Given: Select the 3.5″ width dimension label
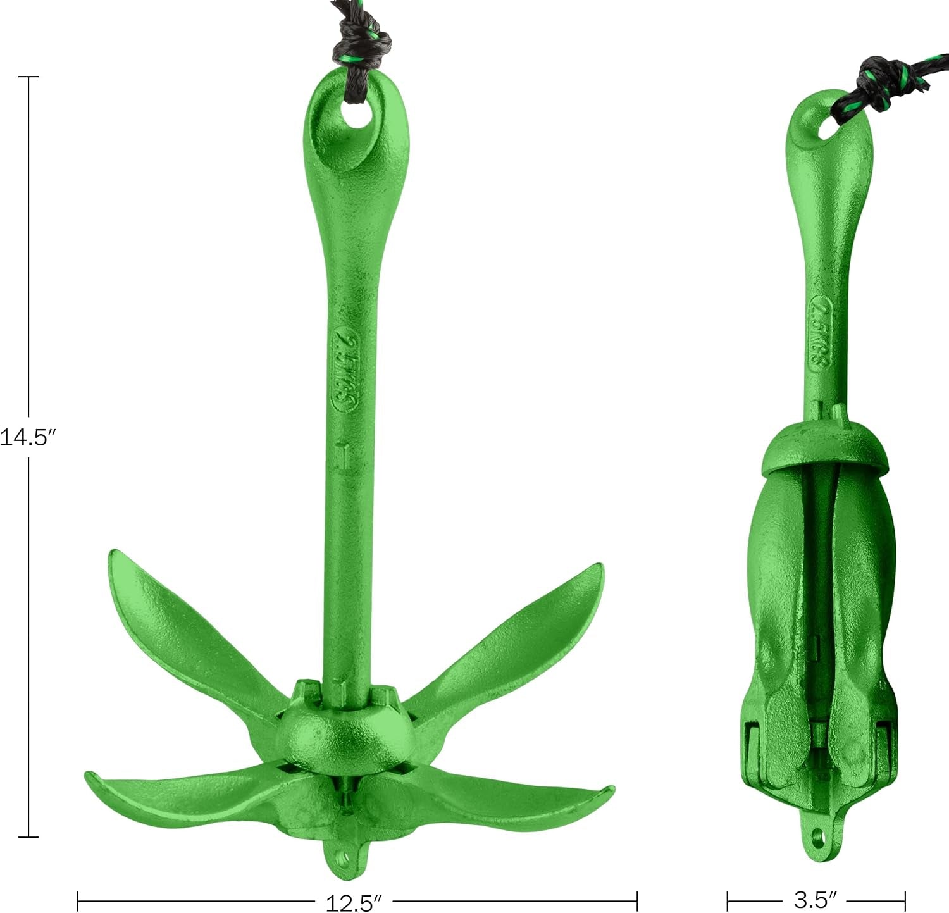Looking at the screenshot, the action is click(816, 899).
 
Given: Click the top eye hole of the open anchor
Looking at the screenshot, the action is click(359, 116).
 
